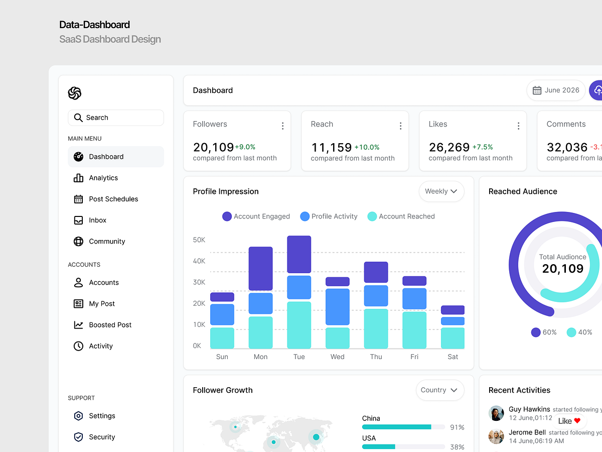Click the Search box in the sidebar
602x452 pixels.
tap(115, 118)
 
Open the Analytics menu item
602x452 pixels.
tap(103, 178)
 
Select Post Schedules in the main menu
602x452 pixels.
tap(113, 199)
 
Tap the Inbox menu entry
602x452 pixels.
tap(97, 220)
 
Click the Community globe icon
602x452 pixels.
tap(78, 241)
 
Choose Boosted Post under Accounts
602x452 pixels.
tap(110, 325)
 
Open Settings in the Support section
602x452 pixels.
tap(102, 416)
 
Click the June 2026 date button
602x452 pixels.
tap(556, 90)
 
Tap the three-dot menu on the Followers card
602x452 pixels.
tap(282, 126)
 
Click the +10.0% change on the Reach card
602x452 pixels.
tap(367, 147)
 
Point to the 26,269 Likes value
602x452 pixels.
tap(449, 147)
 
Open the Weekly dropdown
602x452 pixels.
tap(441, 191)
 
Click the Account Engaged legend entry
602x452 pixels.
tap(256, 216)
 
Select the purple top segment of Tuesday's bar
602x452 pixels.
tap(299, 254)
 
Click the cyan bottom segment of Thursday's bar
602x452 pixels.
tap(376, 328)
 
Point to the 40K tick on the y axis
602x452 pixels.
tap(199, 261)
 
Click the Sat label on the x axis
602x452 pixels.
tap(453, 357)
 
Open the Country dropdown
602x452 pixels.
tap(439, 390)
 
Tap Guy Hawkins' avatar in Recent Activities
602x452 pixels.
tap(496, 413)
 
